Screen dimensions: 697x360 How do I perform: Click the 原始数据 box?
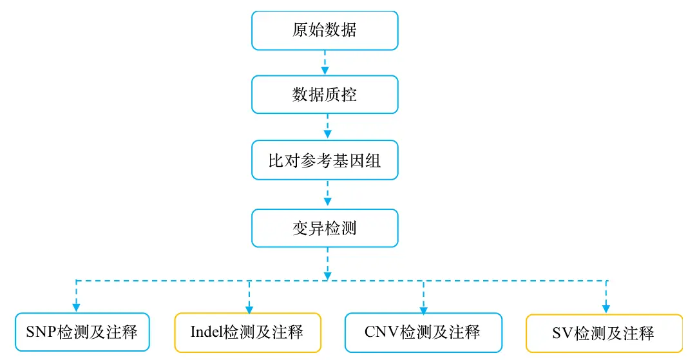(325, 30)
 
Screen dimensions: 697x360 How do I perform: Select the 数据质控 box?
(325, 94)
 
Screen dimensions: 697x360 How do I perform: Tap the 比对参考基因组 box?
(325, 160)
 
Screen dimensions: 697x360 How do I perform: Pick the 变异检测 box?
(325, 228)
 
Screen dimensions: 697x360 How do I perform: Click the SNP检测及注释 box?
(82, 332)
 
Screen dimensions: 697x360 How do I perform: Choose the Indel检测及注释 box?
(247, 332)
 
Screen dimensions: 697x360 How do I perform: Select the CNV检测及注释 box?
(423, 332)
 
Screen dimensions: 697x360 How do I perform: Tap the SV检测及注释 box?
(604, 334)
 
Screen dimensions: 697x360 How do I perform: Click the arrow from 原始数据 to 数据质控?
(325, 62)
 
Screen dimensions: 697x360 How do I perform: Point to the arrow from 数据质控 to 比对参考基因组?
(328, 127)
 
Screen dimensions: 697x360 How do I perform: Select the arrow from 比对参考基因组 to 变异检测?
(328, 193)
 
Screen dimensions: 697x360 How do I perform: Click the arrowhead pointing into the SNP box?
(76, 308)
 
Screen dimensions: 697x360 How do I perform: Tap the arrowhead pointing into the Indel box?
(249, 310)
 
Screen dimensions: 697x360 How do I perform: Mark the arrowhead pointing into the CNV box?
(423, 310)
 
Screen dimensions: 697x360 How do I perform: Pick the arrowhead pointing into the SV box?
(606, 309)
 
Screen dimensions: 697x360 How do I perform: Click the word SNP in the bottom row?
(41, 332)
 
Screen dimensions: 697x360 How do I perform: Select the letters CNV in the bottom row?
(382, 332)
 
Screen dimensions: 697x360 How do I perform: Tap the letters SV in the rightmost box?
(563, 334)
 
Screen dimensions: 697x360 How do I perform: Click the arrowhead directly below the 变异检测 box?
(328, 276)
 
